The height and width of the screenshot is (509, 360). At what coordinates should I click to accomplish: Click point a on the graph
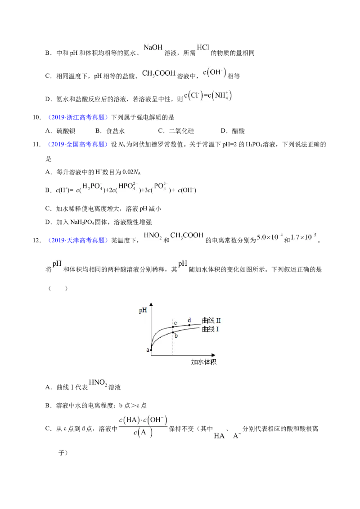[x=151, y=350]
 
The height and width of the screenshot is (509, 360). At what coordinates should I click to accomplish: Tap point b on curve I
[x=173, y=332]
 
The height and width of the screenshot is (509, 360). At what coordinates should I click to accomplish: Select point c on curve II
[x=173, y=327]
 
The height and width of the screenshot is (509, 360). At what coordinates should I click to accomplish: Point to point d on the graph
[x=189, y=325]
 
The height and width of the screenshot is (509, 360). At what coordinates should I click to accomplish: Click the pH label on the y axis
[x=143, y=310]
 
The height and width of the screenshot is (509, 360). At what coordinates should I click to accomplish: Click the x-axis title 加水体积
[x=204, y=362]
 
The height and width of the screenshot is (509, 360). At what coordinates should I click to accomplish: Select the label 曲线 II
[x=211, y=321]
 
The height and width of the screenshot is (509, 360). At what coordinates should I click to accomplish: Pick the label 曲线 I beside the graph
[x=210, y=329]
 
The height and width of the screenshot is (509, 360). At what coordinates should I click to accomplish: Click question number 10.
[x=37, y=117]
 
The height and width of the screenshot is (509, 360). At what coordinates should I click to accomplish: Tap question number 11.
[x=37, y=144]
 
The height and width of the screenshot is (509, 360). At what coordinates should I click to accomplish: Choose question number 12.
[x=37, y=241]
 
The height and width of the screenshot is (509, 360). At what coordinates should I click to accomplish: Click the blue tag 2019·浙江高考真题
[x=78, y=117]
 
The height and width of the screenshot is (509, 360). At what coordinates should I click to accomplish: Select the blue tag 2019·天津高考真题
[x=78, y=241]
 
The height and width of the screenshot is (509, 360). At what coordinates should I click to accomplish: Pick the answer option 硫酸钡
[x=66, y=131]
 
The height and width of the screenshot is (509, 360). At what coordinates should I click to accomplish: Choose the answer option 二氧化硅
[x=181, y=131]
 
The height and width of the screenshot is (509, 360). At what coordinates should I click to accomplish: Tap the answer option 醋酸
[x=238, y=131]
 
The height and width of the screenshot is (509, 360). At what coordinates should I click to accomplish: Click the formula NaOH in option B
[x=153, y=47]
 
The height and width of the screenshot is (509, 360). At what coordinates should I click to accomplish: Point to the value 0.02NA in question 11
[x=131, y=172]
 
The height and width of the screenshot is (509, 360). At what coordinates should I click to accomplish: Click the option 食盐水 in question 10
[x=116, y=131]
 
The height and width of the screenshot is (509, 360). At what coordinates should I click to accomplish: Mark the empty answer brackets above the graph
[x=58, y=288]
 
